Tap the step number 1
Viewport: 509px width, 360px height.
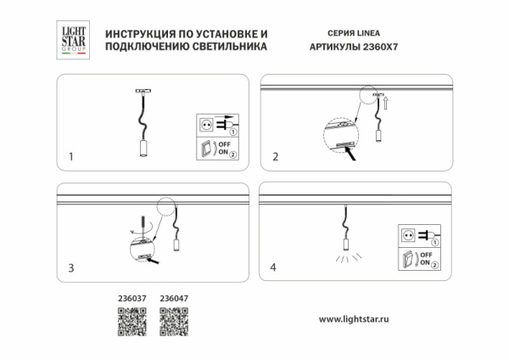(x=71, y=157)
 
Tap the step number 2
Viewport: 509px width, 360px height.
(x=274, y=157)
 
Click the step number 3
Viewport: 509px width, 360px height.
(x=71, y=268)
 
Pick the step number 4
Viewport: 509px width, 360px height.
(x=273, y=268)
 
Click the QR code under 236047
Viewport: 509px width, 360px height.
(x=173, y=322)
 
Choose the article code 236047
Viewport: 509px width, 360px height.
(x=174, y=298)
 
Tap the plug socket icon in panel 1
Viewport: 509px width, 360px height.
(x=204, y=124)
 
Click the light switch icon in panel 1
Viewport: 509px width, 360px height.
(x=204, y=151)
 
